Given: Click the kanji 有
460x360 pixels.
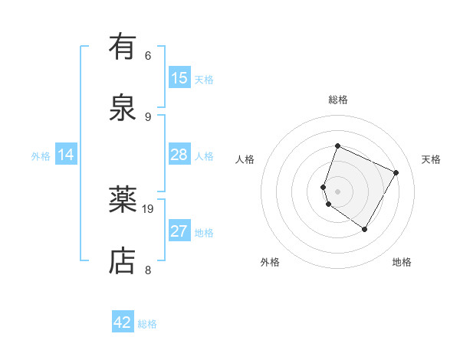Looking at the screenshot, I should (123, 47).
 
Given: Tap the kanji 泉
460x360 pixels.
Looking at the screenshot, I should (123, 107).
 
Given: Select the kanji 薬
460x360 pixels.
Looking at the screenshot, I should (123, 201).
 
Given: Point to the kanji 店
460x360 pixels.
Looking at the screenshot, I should (123, 260).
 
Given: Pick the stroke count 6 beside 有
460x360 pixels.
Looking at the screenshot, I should (148, 55).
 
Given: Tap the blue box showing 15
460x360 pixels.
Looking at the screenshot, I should (179, 78).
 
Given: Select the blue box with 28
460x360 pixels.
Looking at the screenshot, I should (179, 155).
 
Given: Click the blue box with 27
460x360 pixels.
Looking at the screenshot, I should (179, 231).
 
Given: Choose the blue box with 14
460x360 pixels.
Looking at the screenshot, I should (66, 155).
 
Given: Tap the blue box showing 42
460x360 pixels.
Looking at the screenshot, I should (123, 322).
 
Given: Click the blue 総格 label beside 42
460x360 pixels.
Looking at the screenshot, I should (147, 324).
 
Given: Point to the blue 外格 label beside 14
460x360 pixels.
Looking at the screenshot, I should (41, 156).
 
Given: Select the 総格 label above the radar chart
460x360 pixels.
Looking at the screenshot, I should (338, 100).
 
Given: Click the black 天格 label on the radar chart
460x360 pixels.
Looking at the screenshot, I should (431, 159).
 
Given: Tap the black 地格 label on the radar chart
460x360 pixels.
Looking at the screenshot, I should (402, 262).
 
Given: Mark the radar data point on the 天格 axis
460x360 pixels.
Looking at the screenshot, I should (396, 172).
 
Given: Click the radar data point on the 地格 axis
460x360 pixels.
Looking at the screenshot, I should (365, 229).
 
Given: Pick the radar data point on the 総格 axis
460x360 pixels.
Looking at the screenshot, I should (337, 146).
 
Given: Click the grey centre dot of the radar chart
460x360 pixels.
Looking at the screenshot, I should (337, 191).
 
